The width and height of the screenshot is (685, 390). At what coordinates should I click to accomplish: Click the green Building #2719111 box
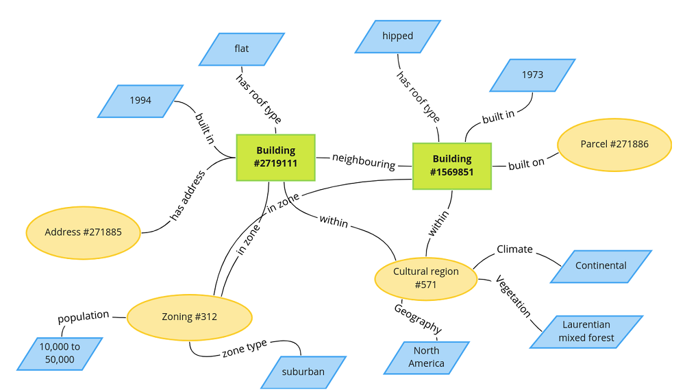point(275,157)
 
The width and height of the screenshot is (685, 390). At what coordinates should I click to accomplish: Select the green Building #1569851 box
point(452,166)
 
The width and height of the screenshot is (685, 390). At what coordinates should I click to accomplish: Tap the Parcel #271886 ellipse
point(614,145)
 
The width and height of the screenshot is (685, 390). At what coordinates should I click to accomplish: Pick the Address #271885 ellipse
point(84,232)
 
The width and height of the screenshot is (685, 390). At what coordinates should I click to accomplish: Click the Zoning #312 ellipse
point(190,317)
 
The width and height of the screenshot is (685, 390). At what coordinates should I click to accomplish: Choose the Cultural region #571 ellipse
point(425,278)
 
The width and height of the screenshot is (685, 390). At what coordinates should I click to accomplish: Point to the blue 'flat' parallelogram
point(241,49)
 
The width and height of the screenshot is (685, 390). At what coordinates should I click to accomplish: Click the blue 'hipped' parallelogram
point(398,36)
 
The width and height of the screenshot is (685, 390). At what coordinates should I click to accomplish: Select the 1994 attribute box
point(140,101)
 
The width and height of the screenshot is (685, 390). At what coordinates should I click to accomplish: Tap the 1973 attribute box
point(532,75)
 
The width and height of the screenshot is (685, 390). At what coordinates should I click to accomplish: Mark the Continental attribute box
point(601,266)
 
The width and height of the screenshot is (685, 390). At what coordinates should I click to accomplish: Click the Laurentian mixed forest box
point(586,331)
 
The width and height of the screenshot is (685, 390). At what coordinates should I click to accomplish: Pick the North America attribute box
point(426,357)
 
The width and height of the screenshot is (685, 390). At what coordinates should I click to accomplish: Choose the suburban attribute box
point(303,372)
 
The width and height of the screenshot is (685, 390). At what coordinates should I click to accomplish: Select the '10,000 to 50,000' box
point(60,353)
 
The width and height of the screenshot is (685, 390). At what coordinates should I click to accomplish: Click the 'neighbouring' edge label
point(364,161)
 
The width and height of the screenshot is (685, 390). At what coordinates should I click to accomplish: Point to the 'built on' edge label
point(526,164)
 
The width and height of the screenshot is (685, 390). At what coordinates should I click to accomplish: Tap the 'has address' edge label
point(188,195)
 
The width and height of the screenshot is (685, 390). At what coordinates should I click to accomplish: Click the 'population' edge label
point(83,317)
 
